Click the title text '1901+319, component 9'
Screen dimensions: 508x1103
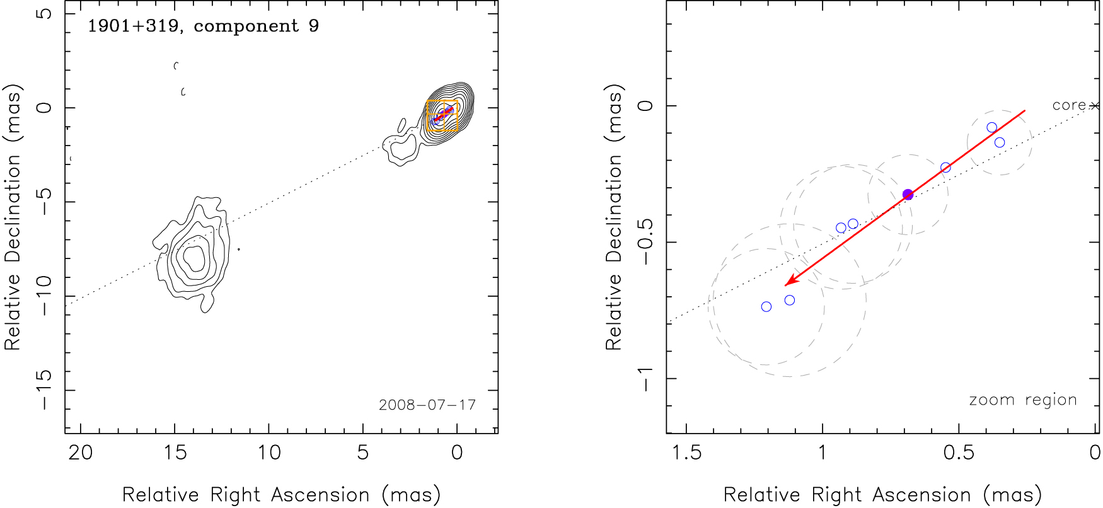click(x=203, y=26)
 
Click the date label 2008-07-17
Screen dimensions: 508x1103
click(x=427, y=405)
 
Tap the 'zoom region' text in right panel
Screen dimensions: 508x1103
click(x=1022, y=400)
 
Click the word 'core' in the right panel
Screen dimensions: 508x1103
click(x=1069, y=105)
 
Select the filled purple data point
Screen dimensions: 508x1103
click(x=908, y=195)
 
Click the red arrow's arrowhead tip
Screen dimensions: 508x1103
click(x=785, y=286)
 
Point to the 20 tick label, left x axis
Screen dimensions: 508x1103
click(x=81, y=453)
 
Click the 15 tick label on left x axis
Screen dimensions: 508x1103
click(x=175, y=453)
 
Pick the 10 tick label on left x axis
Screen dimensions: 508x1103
click(x=269, y=453)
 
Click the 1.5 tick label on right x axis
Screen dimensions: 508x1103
click(x=686, y=453)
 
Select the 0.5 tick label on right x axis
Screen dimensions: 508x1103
click(x=959, y=453)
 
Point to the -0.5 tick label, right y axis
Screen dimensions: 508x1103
click(x=645, y=243)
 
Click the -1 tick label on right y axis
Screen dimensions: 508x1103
click(x=645, y=379)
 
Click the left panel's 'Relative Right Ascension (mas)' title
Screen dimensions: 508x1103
click(x=281, y=495)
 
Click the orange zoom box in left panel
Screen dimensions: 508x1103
click(x=442, y=116)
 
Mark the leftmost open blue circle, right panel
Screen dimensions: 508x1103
click(x=766, y=307)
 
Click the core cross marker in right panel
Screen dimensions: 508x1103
click(x=1095, y=106)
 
